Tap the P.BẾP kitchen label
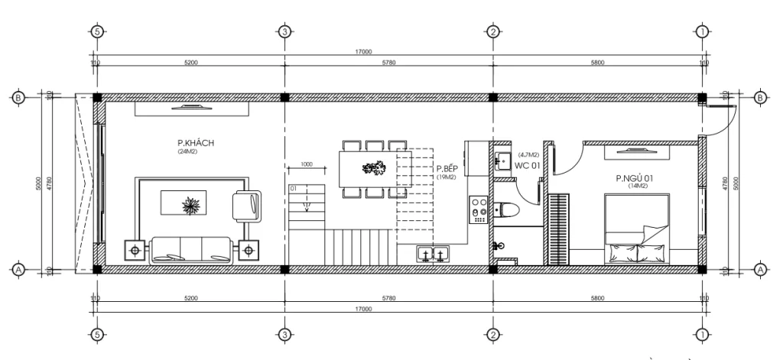pyautogui.click(x=447, y=168)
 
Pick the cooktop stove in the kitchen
pyautogui.click(x=479, y=209)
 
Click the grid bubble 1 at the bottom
pyautogui.click(x=702, y=334)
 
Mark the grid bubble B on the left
pyautogui.click(x=18, y=98)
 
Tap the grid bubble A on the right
pyautogui.click(x=760, y=269)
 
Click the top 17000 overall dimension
pyautogui.click(x=363, y=52)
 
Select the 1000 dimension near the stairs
pyautogui.click(x=306, y=164)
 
